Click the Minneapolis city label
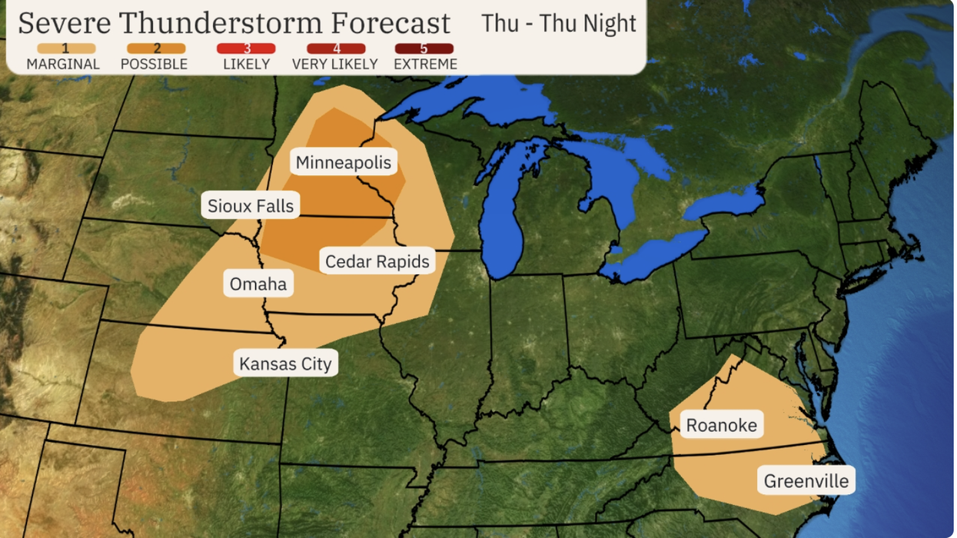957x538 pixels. [344, 163]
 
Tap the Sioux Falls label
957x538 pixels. [251, 206]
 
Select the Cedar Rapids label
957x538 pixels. [377, 261]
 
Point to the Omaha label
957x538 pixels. [258, 284]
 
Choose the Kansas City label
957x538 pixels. [285, 364]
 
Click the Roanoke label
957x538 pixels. [721, 425]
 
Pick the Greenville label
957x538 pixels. [806, 482]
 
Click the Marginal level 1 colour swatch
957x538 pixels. [65, 48]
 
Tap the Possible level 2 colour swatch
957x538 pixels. [156, 48]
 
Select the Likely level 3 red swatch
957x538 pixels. [246, 48]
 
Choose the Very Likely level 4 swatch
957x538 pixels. [335, 48]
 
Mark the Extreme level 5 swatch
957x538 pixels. [424, 48]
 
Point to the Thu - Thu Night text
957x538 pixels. [559, 23]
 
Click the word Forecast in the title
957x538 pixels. [387, 23]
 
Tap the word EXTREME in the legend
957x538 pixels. [425, 65]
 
